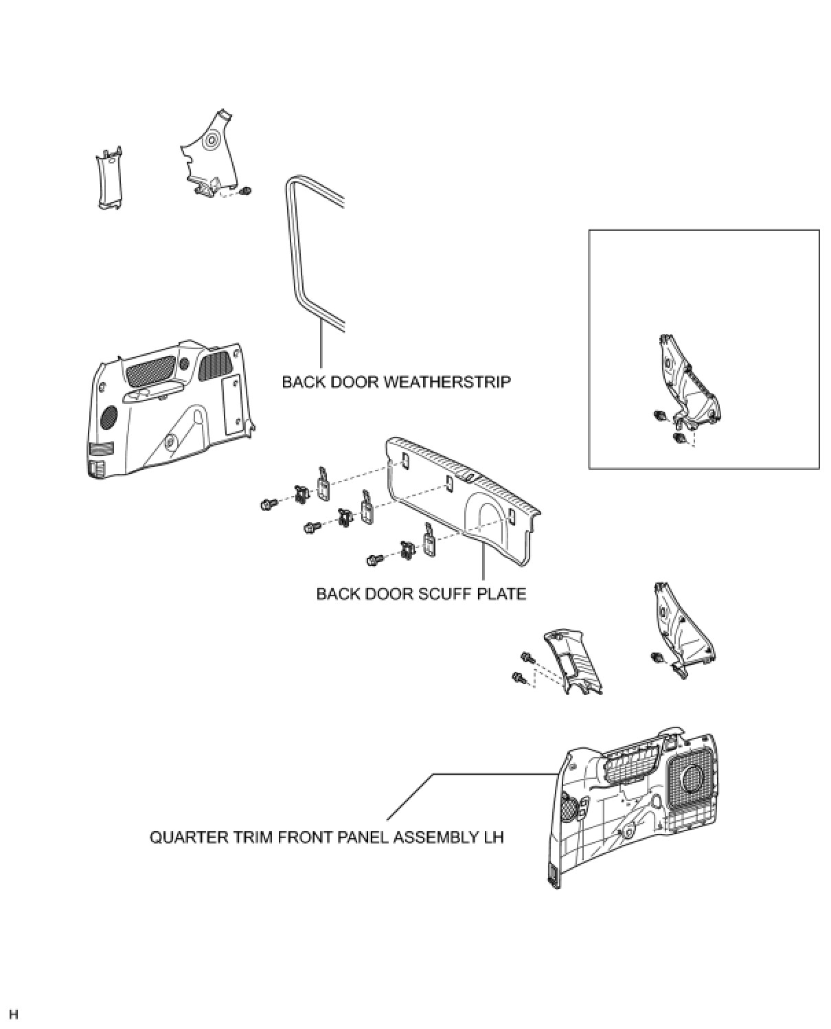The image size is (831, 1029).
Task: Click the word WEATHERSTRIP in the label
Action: click(446, 382)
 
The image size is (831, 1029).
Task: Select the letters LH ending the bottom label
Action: click(493, 838)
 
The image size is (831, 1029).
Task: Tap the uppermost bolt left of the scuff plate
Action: click(268, 504)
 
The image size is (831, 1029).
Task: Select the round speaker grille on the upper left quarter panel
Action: click(109, 416)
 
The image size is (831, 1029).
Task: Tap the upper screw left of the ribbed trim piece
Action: click(528, 657)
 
